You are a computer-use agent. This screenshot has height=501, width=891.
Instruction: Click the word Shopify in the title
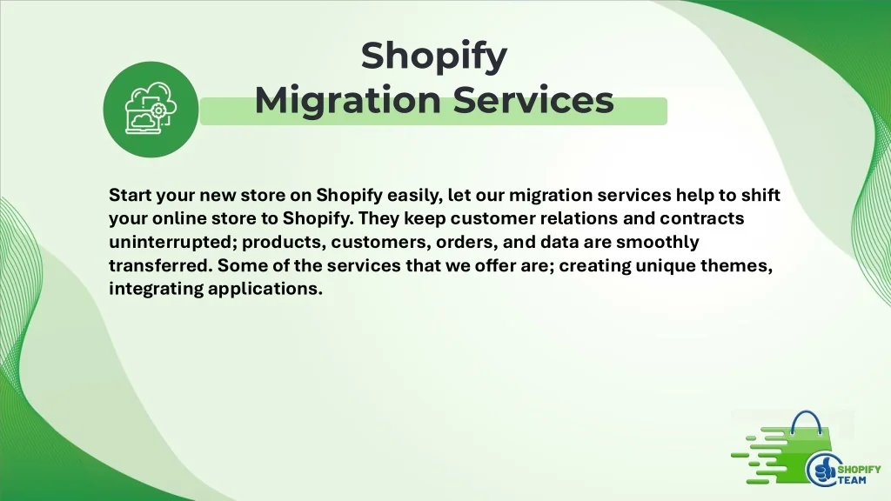(433, 57)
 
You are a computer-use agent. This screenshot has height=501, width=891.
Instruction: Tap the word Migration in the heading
(348, 100)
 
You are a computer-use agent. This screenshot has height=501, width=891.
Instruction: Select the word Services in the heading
(533, 100)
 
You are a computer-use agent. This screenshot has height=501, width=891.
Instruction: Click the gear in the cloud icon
(158, 110)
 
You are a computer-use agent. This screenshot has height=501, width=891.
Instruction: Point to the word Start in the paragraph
(131, 195)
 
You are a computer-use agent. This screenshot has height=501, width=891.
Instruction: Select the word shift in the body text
(760, 195)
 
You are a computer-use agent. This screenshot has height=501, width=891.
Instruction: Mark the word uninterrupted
(173, 243)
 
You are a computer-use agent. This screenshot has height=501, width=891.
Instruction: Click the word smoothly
(658, 243)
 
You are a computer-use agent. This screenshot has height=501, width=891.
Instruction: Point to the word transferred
(160, 265)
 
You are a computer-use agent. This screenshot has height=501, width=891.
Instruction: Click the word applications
(265, 290)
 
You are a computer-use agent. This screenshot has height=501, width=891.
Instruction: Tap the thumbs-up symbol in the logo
(822, 471)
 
